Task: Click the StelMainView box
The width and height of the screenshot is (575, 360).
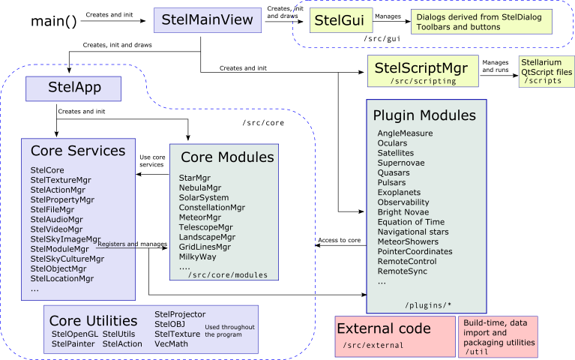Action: click(x=208, y=20)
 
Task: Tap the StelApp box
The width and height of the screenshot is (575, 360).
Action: click(x=73, y=88)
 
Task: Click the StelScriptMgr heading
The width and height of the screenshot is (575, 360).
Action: click(x=421, y=69)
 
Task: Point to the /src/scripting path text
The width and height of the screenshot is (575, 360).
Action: click(x=423, y=81)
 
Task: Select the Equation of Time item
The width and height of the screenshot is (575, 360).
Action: click(x=411, y=222)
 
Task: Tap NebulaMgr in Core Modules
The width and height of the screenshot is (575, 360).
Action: click(x=199, y=187)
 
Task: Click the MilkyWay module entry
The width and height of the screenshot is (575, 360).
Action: click(x=198, y=256)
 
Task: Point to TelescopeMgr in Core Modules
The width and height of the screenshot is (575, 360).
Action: click(x=205, y=227)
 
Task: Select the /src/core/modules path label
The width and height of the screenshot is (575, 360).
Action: click(x=227, y=275)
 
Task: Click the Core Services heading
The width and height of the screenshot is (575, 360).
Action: click(x=77, y=151)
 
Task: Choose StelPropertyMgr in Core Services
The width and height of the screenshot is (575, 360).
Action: click(x=62, y=200)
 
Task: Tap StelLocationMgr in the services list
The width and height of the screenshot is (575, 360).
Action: click(x=62, y=279)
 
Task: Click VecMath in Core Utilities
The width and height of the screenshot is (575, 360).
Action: click(x=170, y=343)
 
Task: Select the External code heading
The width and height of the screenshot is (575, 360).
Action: click(x=383, y=328)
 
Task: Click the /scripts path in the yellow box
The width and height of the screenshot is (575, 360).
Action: click(x=542, y=81)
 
